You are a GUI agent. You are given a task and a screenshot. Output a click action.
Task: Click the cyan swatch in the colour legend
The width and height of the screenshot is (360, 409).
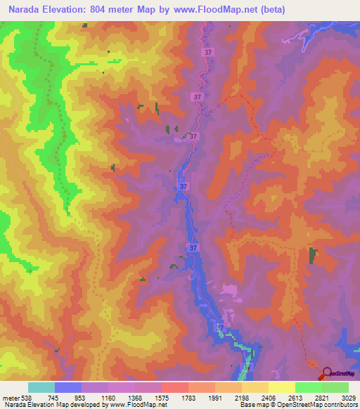(41, 387)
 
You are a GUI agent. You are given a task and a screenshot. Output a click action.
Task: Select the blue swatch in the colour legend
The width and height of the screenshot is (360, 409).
(68, 387)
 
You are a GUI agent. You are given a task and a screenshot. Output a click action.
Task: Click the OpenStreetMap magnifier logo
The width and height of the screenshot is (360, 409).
(326, 373)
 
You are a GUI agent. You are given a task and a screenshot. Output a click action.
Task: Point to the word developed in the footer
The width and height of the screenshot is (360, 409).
(76, 405)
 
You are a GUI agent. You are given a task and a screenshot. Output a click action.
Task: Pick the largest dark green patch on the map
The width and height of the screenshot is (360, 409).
(312, 256)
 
